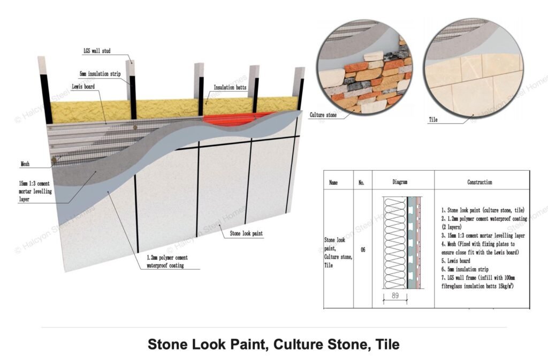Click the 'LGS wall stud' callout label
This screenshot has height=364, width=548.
pyautogui.click(x=97, y=51)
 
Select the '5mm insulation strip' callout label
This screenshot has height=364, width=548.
pyautogui.click(x=100, y=74)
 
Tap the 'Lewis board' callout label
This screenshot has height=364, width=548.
pyautogui.click(x=83, y=86)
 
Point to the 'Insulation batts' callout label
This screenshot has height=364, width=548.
pyautogui.click(x=230, y=87)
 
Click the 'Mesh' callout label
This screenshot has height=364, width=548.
pyautogui.click(x=25, y=164)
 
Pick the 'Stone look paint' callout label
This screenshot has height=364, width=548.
pyautogui.click(x=246, y=233)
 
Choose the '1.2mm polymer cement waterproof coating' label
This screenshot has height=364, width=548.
pyautogui.click(x=167, y=262)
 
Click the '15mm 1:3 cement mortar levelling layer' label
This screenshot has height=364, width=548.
pyautogui.click(x=35, y=191)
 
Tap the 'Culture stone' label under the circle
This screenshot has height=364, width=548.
pyautogui.click(x=323, y=115)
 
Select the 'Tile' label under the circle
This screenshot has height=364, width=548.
pyautogui.click(x=433, y=119)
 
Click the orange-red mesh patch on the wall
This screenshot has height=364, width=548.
pyautogui.click(x=238, y=118)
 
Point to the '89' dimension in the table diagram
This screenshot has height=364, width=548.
pyautogui.click(x=395, y=295)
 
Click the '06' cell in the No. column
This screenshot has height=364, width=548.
pyautogui.click(x=363, y=249)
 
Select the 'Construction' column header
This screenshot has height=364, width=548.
pyautogui.click(x=479, y=182)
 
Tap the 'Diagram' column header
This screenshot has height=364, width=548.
pyautogui.click(x=400, y=182)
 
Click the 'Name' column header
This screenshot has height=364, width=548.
pyautogui.click(x=333, y=182)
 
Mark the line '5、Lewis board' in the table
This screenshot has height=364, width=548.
pyautogui.click(x=456, y=261)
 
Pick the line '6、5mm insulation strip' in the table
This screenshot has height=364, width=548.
pyautogui.click(x=465, y=269)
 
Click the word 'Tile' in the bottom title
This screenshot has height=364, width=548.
pyautogui.click(x=387, y=344)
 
